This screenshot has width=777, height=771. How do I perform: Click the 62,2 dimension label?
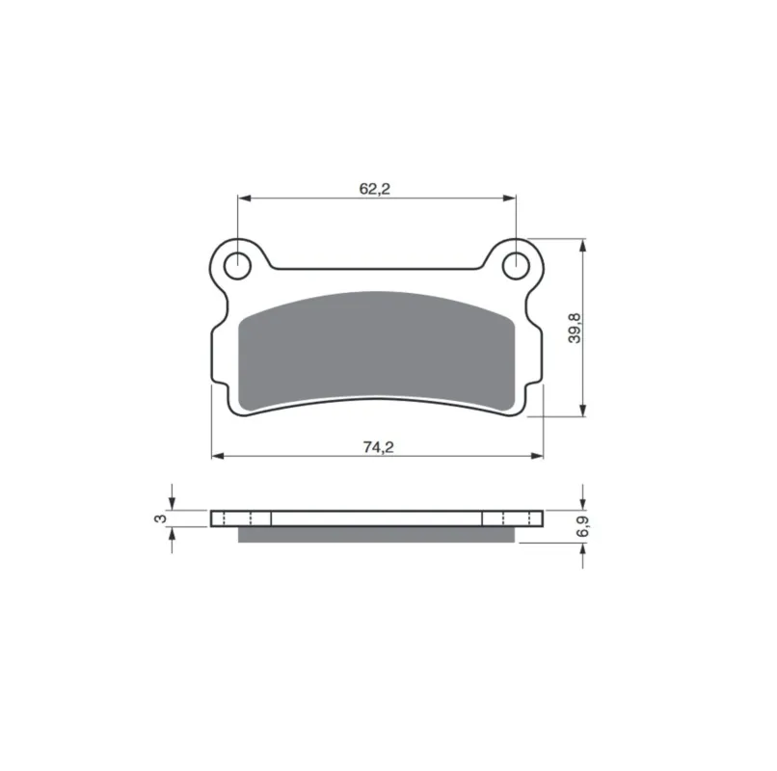(375, 188)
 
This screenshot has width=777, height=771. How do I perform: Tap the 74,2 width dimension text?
(378, 447)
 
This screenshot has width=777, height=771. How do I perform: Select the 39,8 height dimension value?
(575, 328)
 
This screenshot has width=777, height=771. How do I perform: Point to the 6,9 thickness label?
(582, 526)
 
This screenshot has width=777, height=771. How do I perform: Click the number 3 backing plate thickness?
(160, 518)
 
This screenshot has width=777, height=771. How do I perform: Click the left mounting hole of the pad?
(238, 266)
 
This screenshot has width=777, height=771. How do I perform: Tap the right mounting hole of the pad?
(517, 266)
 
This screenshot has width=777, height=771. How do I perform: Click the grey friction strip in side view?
(377, 534)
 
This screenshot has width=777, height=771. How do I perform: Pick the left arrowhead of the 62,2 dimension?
(244, 199)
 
